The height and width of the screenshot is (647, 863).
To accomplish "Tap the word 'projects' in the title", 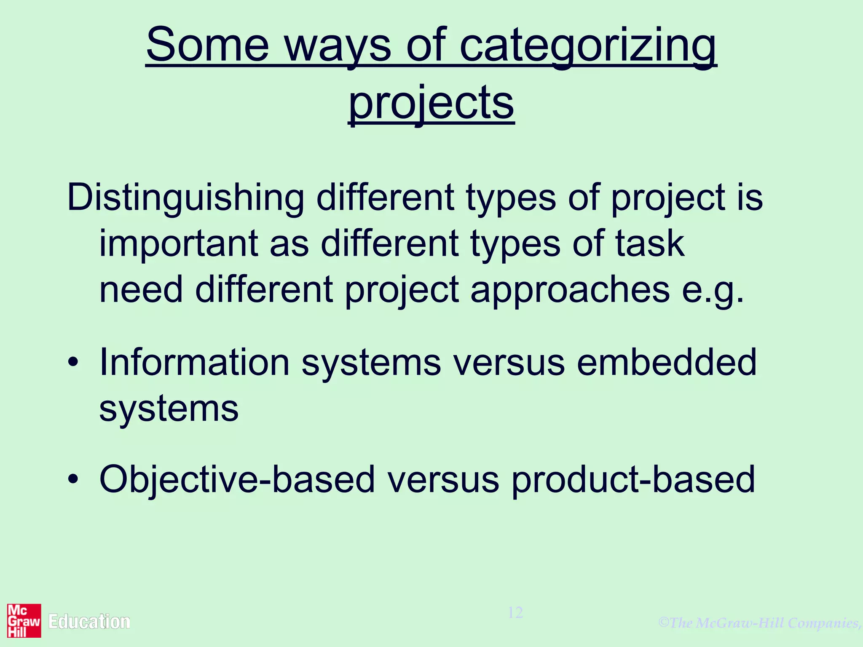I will click(431, 103).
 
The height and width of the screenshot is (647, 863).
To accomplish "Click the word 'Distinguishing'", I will click(185, 198).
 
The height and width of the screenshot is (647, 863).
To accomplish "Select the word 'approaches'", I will click(570, 291).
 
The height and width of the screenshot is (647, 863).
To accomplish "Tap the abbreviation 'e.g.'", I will click(713, 291).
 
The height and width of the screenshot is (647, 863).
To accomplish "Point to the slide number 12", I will click(515, 612).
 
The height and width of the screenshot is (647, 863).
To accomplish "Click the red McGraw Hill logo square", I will click(24, 621).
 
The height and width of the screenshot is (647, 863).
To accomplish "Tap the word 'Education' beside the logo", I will click(89, 622).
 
